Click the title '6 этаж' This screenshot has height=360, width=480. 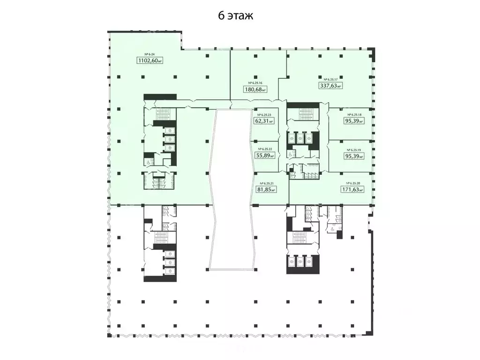(235, 16)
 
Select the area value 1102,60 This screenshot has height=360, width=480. (150, 60)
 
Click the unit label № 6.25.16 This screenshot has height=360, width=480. (254, 82)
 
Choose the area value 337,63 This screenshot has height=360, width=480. (329, 86)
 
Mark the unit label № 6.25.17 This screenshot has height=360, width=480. (330, 79)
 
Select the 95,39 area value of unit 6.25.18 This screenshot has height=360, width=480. (353, 121)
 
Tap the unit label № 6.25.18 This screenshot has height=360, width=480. (353, 115)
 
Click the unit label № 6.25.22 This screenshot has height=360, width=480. (264, 149)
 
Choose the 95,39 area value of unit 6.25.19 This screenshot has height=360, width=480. (353, 157)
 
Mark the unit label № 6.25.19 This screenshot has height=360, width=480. (353, 150)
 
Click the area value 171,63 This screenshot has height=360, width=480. (352, 189)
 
